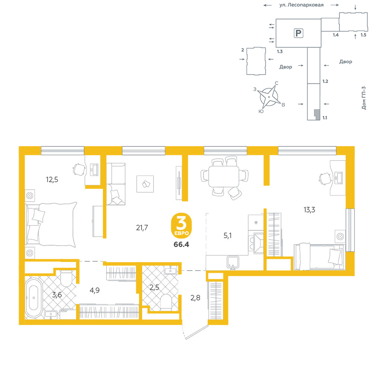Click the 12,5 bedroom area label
[52, 179]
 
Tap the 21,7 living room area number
[142, 228]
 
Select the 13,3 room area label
[309, 210]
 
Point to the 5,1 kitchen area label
[228, 235]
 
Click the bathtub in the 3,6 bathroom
[34, 298]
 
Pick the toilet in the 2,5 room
[166, 303]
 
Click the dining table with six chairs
[223, 176]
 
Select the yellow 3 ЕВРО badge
[181, 226]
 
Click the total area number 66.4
[181, 244]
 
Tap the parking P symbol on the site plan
[298, 33]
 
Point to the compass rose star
[269, 97]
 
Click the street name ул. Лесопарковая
[301, 5]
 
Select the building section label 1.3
[280, 51]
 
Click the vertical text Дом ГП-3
[364, 98]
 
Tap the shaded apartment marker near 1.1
[317, 114]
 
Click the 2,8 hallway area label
[195, 298]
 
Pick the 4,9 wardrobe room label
[94, 290]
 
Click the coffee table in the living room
[145, 184]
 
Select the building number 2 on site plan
[243, 50]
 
